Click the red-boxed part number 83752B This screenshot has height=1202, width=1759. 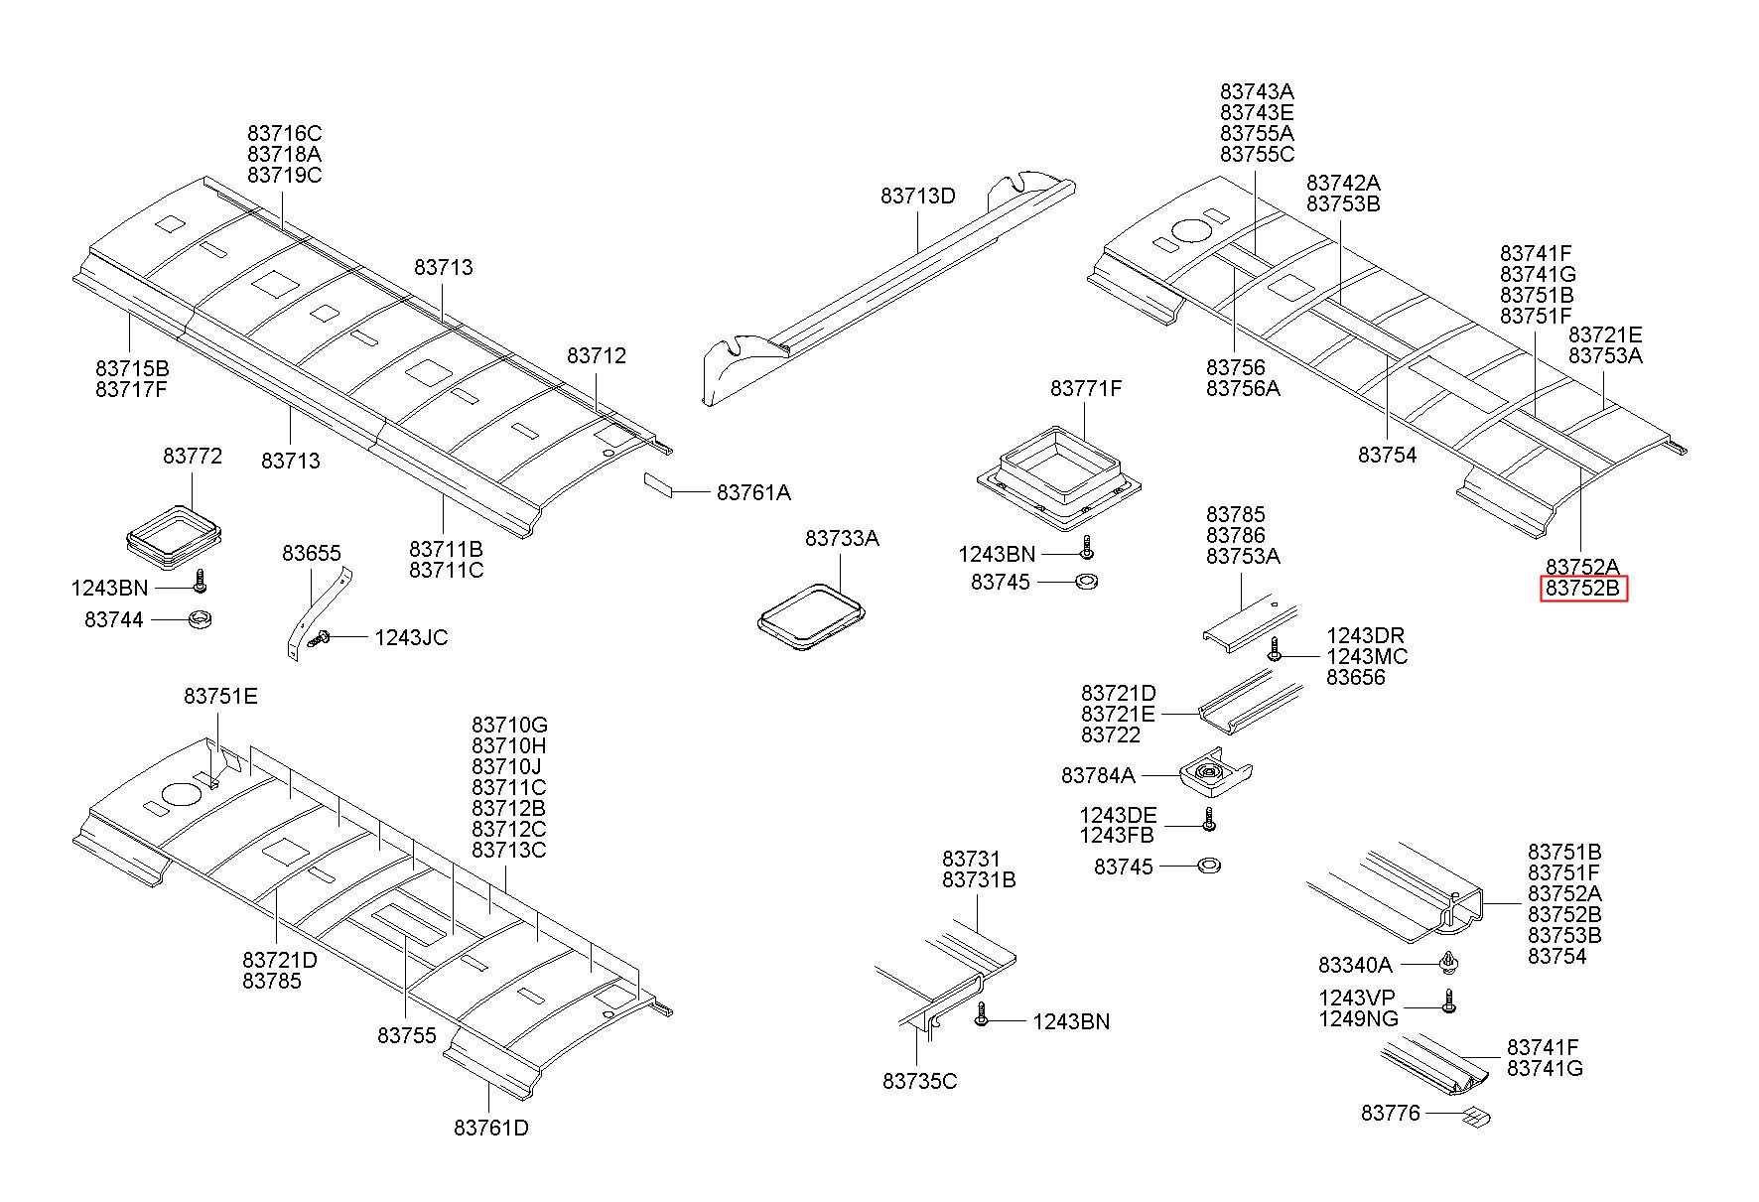1583,589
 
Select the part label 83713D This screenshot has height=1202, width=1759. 917,197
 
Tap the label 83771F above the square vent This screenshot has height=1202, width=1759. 1086,388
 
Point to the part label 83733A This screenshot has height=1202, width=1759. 842,538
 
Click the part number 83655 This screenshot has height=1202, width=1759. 311,553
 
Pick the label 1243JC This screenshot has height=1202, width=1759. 411,637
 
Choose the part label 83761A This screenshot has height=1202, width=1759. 753,492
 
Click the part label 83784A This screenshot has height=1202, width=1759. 1098,774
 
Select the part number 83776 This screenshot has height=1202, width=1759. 1391,1113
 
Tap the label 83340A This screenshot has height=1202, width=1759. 1355,965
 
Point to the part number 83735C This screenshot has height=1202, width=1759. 919,1081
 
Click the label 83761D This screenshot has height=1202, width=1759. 491,1128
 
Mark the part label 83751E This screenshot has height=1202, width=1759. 220,696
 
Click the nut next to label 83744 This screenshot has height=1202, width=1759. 201,620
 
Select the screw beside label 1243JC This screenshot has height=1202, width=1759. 320,641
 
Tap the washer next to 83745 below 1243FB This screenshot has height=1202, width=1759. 1209,866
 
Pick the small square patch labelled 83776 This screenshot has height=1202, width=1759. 1477,1118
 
